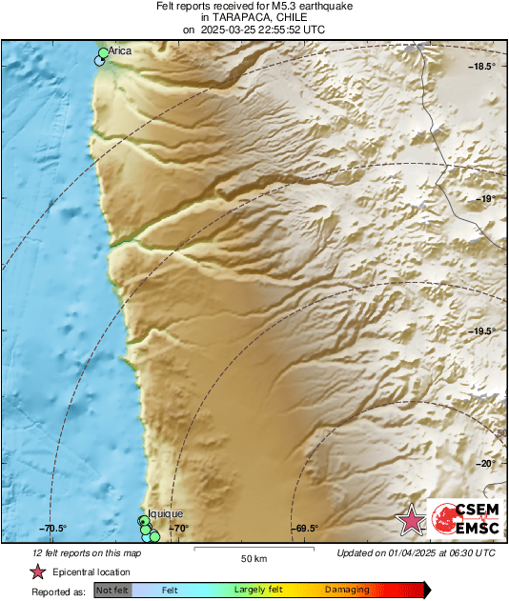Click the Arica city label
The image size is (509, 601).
click(x=120, y=50)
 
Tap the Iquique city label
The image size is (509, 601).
click(x=165, y=513)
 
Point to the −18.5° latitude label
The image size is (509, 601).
click(x=483, y=66)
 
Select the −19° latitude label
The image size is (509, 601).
click(x=486, y=199)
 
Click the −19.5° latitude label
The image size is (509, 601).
click(x=483, y=331)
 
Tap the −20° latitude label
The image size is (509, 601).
click(x=486, y=464)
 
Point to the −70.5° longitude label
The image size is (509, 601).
click(x=52, y=529)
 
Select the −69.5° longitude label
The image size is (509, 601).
click(x=305, y=529)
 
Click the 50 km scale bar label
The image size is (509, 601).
click(x=253, y=558)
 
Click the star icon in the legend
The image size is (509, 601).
click(x=38, y=571)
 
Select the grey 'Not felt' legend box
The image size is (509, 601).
click(x=113, y=591)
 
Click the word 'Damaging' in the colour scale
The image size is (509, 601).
click(x=347, y=591)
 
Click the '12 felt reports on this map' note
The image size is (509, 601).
click(x=88, y=552)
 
